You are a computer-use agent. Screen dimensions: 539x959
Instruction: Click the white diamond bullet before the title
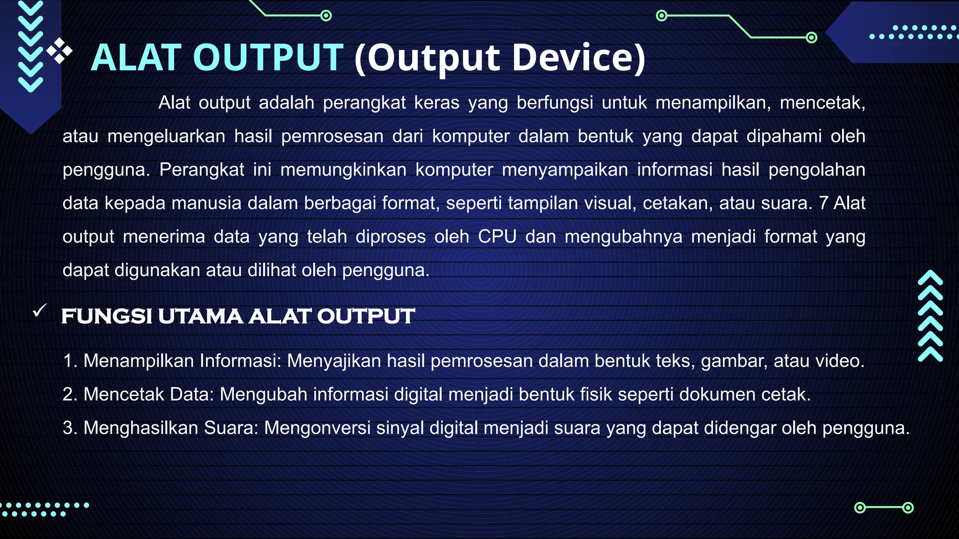pos(59,51)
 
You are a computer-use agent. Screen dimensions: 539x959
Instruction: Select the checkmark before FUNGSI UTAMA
pos(40,310)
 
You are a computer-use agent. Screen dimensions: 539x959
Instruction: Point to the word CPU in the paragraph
pos(497,237)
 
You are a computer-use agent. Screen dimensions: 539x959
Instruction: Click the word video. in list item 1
pos(840,361)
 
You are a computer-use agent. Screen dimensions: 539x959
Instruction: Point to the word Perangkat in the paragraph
pos(201,170)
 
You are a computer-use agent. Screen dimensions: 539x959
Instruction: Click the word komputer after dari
pos(471,136)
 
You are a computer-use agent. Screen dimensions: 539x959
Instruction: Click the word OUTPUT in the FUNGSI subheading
pos(366,316)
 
